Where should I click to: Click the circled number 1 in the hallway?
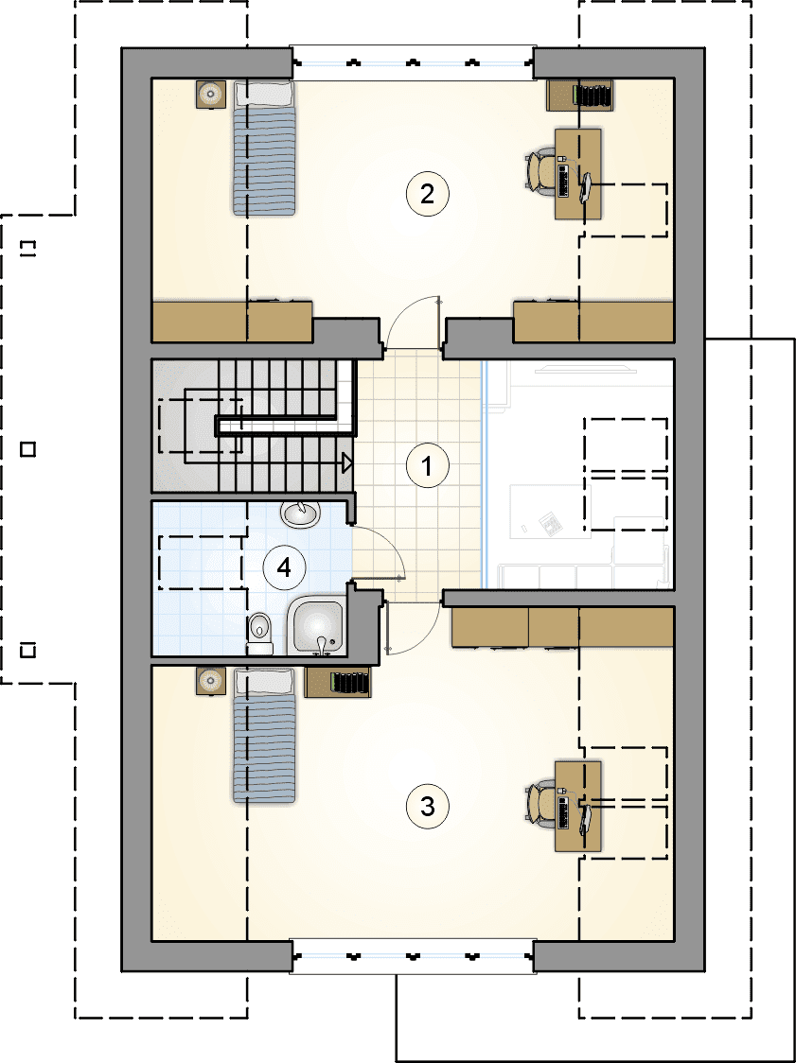[427, 466]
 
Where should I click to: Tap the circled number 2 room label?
[427, 195]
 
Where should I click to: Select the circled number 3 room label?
[427, 806]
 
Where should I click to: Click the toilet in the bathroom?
[259, 634]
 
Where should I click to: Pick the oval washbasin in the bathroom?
[300, 514]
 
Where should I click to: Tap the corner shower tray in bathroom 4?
[317, 626]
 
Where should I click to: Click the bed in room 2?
[266, 148]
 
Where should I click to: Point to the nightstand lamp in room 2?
[212, 95]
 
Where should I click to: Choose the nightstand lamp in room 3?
[212, 681]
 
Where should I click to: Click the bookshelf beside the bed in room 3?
[338, 682]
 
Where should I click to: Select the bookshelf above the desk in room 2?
[581, 95]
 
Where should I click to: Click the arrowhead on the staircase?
[346, 463]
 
